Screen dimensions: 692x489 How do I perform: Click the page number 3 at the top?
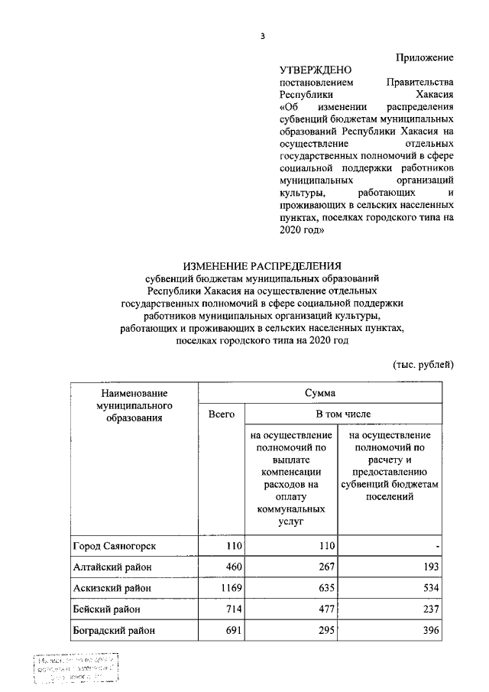tap(262, 36)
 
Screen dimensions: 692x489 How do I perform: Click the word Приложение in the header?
tap(425, 57)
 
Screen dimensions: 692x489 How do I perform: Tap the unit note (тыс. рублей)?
tap(423, 363)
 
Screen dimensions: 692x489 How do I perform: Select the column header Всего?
tap(221, 414)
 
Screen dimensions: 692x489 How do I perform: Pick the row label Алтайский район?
tap(112, 567)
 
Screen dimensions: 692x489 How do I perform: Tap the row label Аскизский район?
tap(113, 588)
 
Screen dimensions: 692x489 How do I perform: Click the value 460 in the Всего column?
tap(232, 567)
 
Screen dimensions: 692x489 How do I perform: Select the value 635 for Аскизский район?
tap(325, 588)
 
